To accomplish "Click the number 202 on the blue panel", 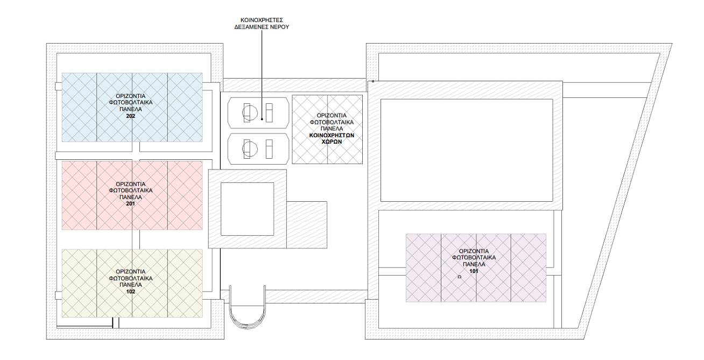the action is coord(130,116).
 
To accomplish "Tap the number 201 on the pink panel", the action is coord(130,204).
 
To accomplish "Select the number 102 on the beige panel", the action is coord(130,292).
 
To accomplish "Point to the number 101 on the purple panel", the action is coord(474,271).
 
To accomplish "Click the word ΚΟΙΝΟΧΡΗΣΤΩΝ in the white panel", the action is coord(332,136).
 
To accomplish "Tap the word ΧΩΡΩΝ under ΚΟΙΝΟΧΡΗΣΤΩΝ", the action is coord(332,142).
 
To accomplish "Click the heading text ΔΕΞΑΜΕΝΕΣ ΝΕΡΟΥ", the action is coord(262,27).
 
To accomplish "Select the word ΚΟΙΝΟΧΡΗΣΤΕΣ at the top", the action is coord(262,20).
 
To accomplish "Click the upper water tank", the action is coord(258,113).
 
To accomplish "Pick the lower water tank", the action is coord(258,149).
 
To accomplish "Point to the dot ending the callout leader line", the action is coord(262,119).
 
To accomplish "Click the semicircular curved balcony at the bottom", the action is coord(248,327).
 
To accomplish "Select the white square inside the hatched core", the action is coord(248,209).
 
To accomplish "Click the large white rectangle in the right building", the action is coord(467,150).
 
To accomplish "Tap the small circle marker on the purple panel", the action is coord(460,277).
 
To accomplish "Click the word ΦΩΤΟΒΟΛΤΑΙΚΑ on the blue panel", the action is coord(130,103).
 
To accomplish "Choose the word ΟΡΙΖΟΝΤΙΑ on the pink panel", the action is coord(130,184).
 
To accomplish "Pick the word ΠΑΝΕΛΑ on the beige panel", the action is coord(130,285).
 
